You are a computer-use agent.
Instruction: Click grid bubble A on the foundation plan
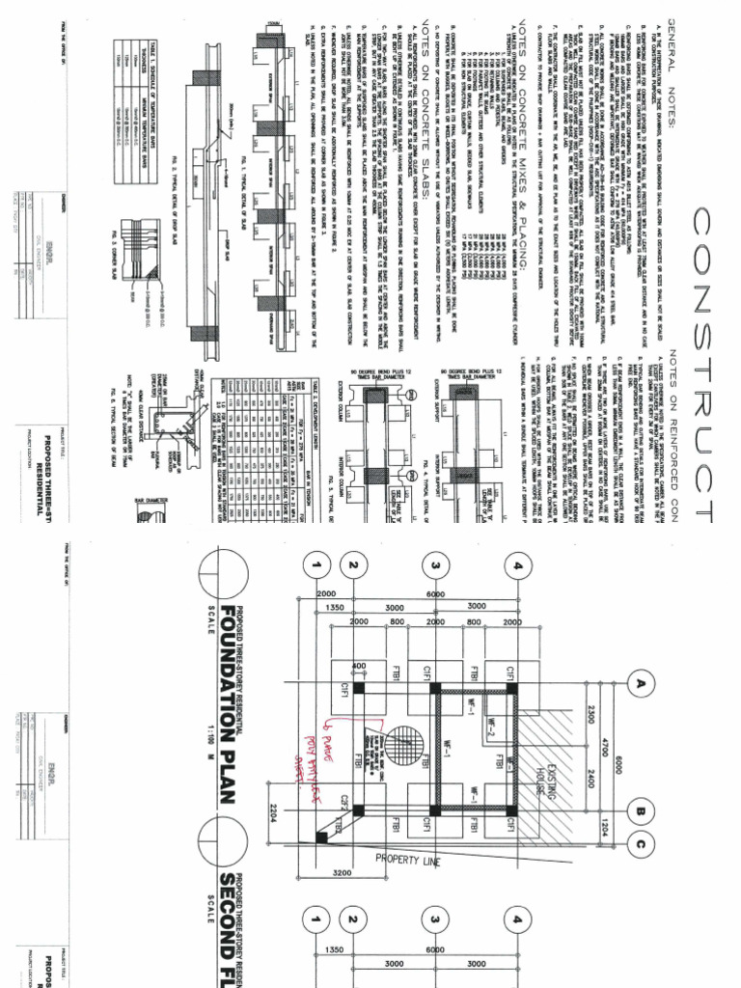click(x=637, y=684)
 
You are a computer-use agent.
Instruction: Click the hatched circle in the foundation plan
click(x=398, y=739)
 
